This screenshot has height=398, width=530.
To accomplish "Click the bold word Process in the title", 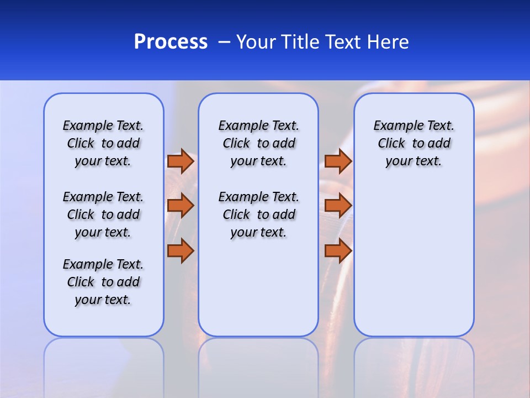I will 171,42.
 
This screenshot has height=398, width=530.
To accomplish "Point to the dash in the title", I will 224,42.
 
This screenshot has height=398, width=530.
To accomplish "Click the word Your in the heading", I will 257,42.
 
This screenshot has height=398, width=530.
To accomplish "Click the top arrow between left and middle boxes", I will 181,161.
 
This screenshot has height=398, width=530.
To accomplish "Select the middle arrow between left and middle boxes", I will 181,206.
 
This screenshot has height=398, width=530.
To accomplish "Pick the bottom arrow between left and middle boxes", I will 181,250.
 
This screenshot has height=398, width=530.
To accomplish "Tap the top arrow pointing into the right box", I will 338,161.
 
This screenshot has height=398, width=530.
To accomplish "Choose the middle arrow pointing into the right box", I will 338,206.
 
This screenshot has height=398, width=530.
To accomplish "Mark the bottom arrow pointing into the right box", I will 338,250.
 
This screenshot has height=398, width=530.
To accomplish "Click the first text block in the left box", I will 103,143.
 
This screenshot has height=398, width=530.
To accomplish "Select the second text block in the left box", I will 103,214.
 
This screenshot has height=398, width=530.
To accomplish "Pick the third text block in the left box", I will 103,282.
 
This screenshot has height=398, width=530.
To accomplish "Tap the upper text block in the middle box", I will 258,143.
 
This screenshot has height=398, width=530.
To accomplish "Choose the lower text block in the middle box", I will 258,214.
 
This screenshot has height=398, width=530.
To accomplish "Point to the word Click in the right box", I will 391,144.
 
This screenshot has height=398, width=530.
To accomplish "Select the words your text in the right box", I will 414,161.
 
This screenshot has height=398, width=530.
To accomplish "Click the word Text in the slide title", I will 342,42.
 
